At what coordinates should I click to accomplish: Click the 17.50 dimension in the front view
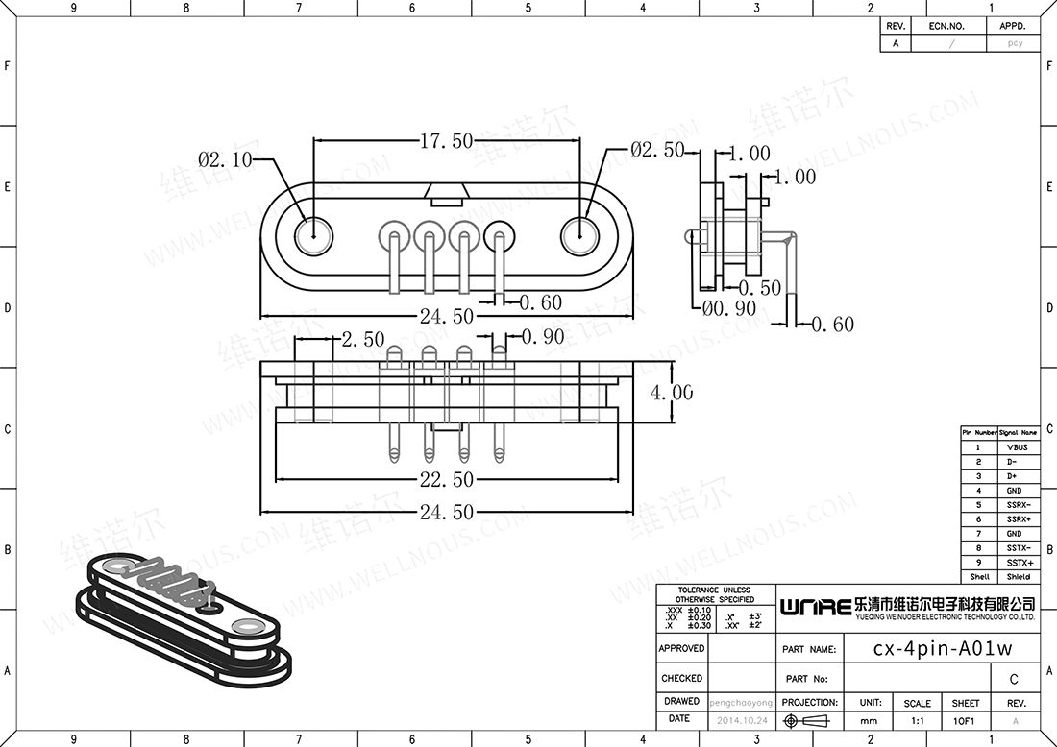(446, 141)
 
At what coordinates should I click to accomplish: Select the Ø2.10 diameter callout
(225, 159)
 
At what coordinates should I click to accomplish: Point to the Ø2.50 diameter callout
(658, 150)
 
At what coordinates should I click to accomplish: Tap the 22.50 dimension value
(446, 479)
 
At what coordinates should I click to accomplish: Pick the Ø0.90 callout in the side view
(728, 308)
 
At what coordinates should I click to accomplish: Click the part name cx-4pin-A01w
(942, 648)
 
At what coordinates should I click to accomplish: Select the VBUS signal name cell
(1018, 447)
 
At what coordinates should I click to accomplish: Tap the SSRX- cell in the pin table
(1018, 505)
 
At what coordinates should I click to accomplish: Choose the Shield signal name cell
(1018, 577)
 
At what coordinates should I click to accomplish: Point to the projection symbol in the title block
(808, 720)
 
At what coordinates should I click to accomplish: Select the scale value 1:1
(917, 720)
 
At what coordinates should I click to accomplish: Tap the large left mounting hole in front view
(313, 236)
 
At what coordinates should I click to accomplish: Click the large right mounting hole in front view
(580, 236)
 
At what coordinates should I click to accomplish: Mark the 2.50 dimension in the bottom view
(362, 340)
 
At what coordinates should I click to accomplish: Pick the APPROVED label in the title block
(681, 649)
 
